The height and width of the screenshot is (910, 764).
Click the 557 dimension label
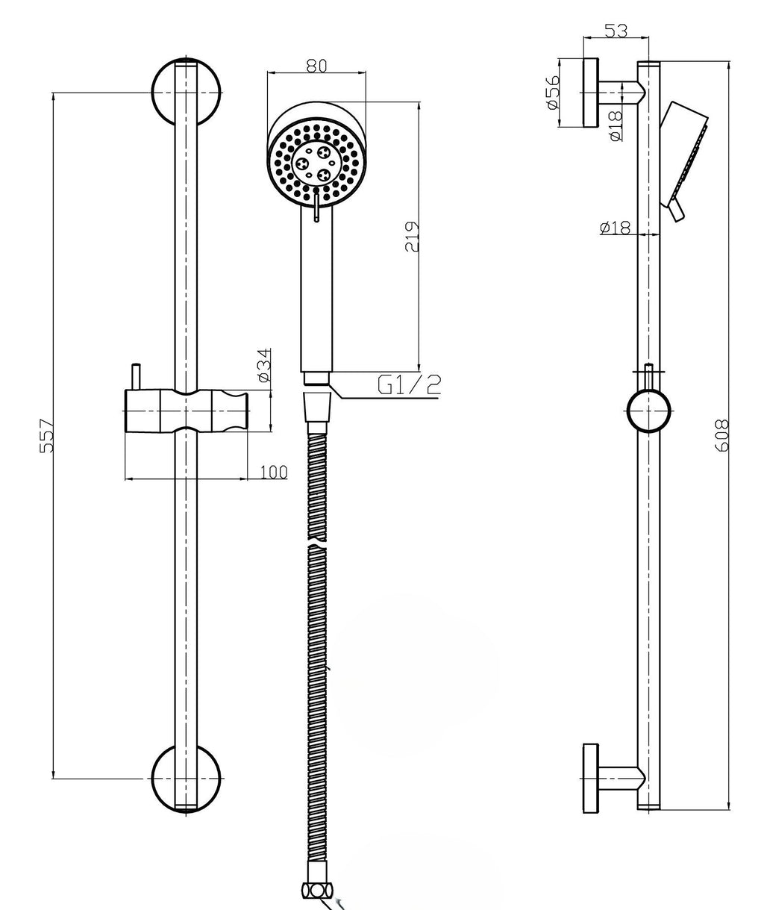point(46,435)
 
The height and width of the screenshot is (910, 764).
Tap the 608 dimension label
point(722,435)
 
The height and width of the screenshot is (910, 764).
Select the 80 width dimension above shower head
point(316,66)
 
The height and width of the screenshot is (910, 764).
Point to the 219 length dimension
point(412,237)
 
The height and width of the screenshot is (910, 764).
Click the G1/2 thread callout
point(409,384)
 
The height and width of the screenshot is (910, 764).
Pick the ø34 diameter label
point(264,365)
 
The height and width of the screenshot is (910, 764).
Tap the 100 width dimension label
point(274,472)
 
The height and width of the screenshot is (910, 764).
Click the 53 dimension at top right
point(617,31)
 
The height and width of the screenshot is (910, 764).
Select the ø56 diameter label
point(552,93)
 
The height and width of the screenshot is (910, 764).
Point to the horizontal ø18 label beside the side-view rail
point(615,228)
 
